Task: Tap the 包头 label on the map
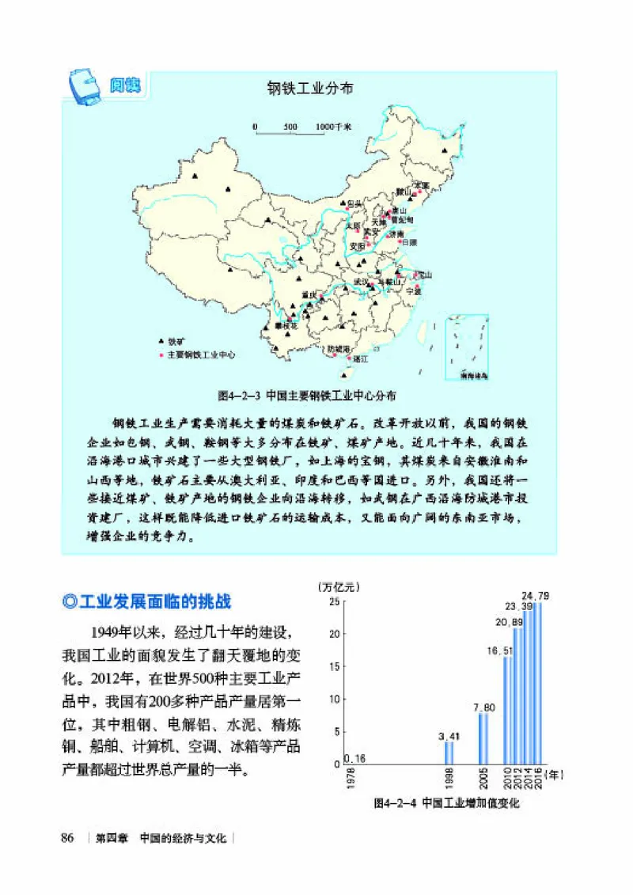pos(355,204)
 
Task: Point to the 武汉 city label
pos(361,281)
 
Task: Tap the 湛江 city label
pos(361,358)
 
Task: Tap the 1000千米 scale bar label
pos(333,126)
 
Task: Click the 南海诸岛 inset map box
pos(472,349)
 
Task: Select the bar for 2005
pos(483,738)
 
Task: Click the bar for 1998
pos(449,753)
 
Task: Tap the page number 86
pos(67,838)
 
